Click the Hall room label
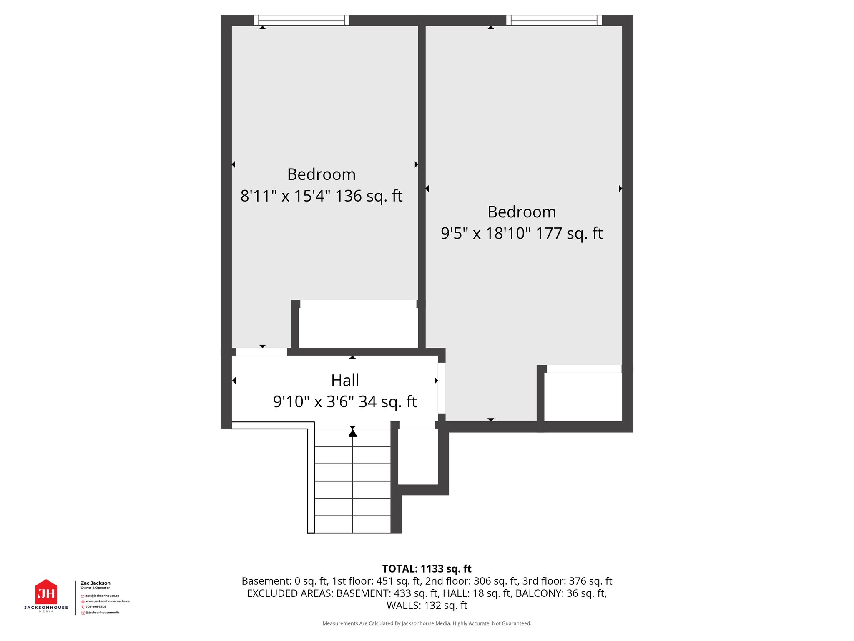(345, 380)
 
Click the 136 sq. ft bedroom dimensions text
(321, 196)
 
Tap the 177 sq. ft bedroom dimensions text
(522, 233)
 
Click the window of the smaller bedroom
(301, 20)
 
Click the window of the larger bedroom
(554, 20)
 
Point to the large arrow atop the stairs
(353, 433)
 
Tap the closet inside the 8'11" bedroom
(358, 325)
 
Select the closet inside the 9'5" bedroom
(583, 396)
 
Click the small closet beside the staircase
(418, 457)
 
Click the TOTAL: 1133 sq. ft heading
(427, 569)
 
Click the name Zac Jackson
(95, 583)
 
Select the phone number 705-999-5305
(96, 607)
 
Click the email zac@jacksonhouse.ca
(102, 596)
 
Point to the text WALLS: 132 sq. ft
(427, 605)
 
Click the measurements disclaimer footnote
(427, 623)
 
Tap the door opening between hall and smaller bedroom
(261, 352)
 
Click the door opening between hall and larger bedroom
(442, 388)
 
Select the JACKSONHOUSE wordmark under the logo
(46, 608)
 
